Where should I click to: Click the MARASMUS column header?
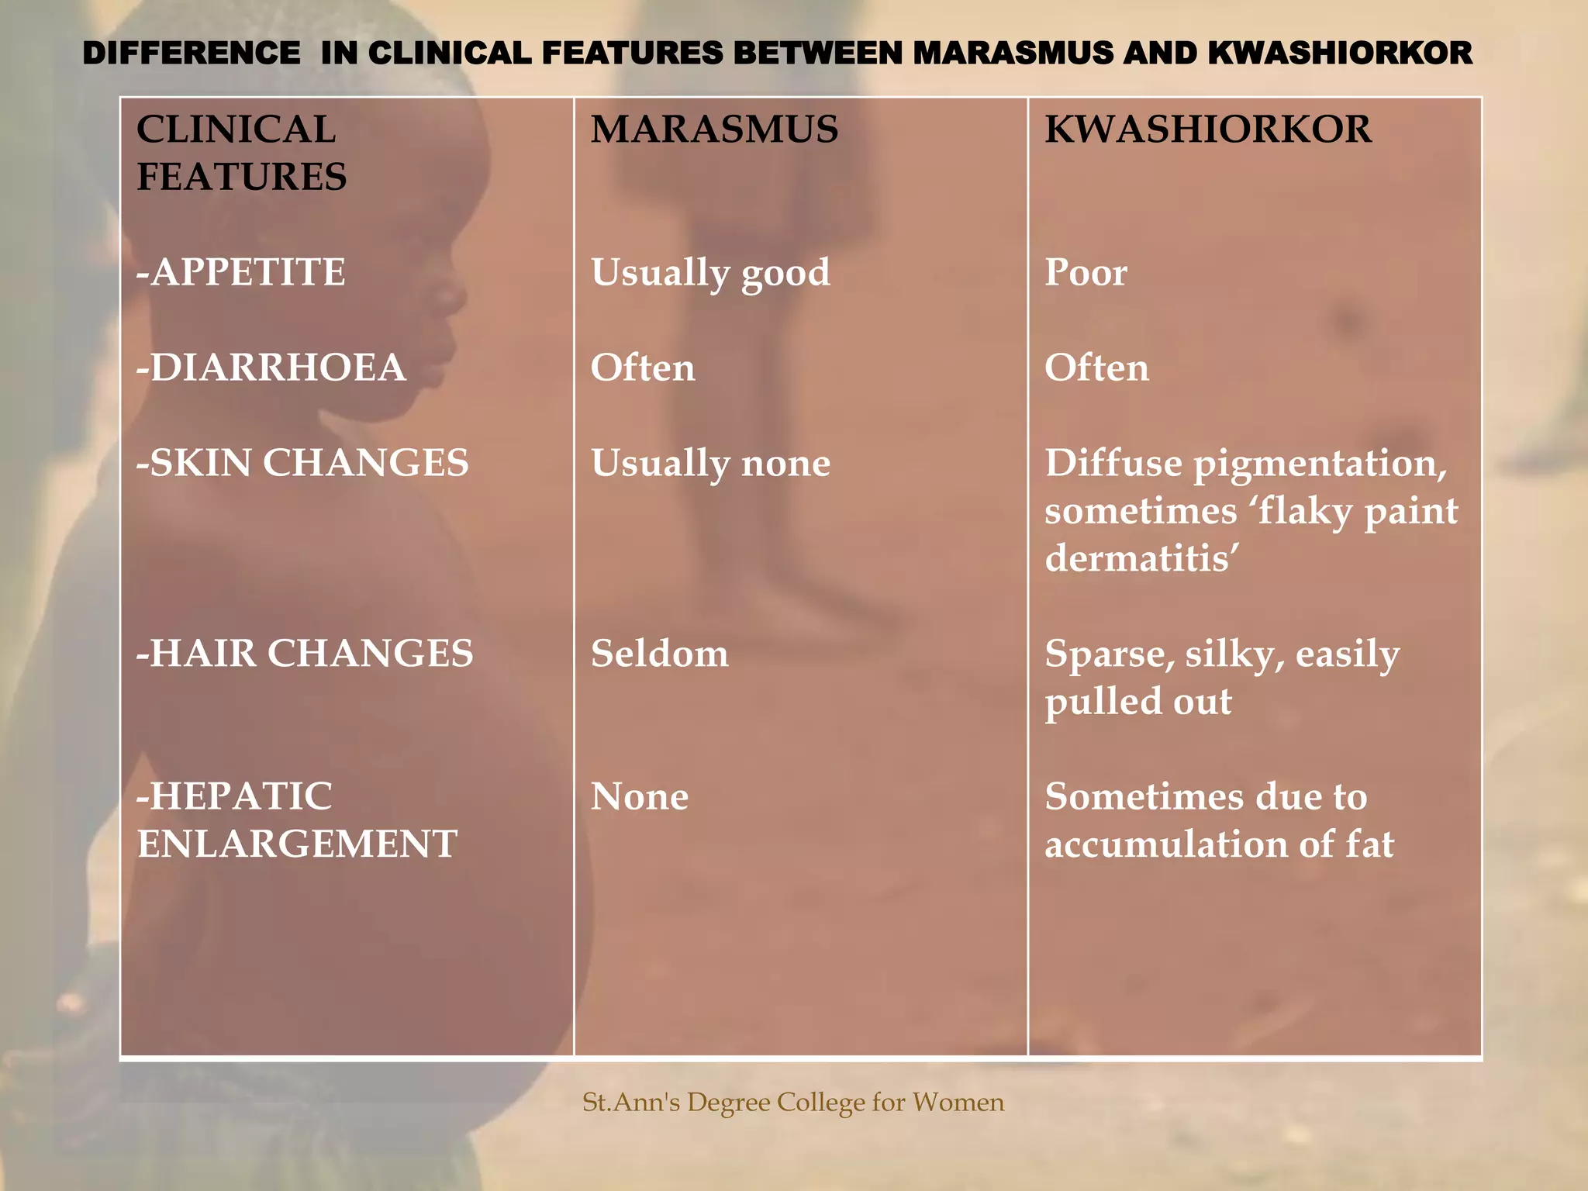click(x=714, y=129)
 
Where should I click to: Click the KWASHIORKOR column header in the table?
click(x=1208, y=129)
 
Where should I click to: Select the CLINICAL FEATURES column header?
click(x=241, y=153)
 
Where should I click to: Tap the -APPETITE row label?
click(x=241, y=272)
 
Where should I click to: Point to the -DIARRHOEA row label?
click(x=271, y=368)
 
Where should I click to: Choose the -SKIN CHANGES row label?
click(x=302, y=463)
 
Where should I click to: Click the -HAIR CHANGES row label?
click(x=305, y=653)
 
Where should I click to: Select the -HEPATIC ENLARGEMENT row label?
click(x=297, y=820)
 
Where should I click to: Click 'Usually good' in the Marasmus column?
click(x=710, y=273)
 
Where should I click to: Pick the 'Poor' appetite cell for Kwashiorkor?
click(x=1086, y=273)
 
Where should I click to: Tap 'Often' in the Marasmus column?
click(x=643, y=368)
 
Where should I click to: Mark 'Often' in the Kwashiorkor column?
click(x=1096, y=368)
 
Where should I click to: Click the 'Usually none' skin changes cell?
click(x=710, y=464)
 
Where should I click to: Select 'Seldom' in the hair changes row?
click(x=659, y=654)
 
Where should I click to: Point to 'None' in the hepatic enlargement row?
click(x=639, y=796)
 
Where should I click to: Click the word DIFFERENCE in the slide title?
click(x=192, y=54)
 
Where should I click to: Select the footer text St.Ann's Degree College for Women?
click(x=793, y=1102)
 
